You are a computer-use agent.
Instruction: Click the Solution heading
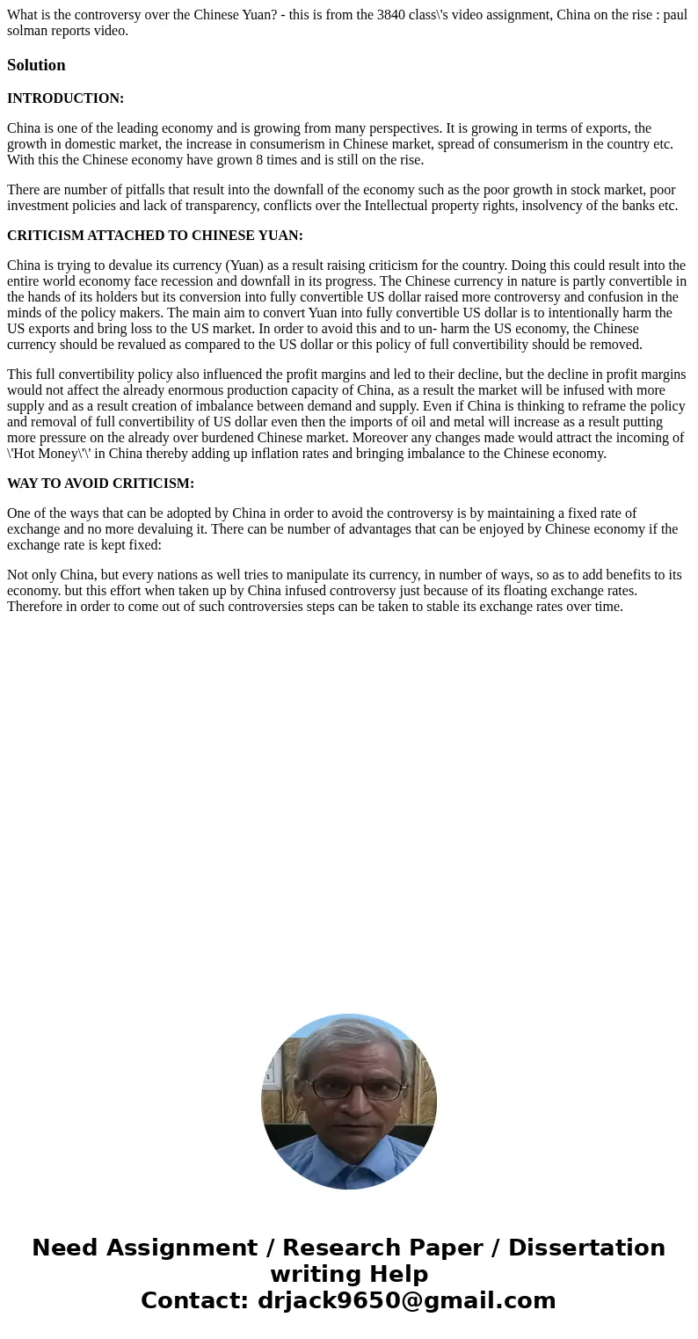[x=36, y=65]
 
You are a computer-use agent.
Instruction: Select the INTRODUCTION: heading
[x=65, y=98]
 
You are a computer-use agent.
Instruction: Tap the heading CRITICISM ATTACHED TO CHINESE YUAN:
[x=155, y=236]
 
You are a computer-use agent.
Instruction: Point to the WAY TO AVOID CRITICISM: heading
[x=100, y=484]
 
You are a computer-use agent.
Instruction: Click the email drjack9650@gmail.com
[x=406, y=1300]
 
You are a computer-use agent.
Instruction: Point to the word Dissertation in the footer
[x=586, y=1248]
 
